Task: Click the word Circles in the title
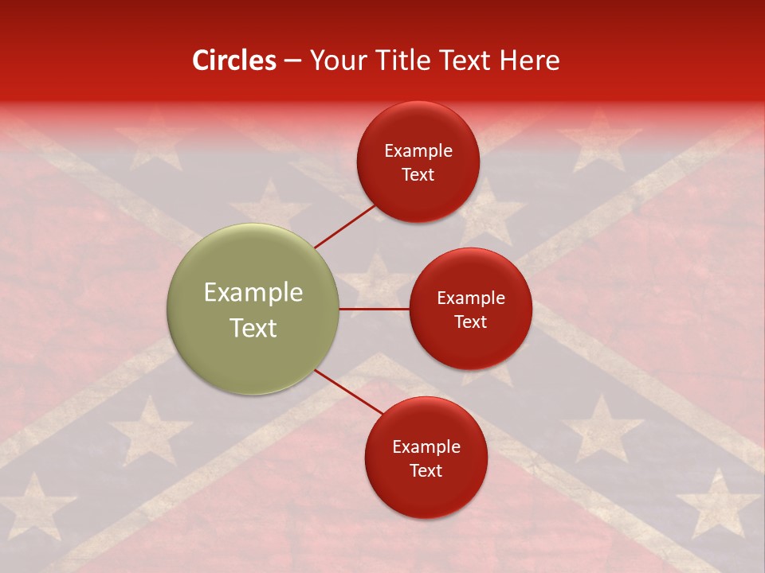click(234, 60)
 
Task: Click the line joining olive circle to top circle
click(344, 226)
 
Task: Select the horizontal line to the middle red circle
click(375, 309)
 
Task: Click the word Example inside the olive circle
click(253, 293)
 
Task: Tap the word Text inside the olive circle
click(253, 328)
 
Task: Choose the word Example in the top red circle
click(418, 151)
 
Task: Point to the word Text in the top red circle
click(418, 175)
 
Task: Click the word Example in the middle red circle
click(471, 298)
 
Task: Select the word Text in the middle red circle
click(471, 322)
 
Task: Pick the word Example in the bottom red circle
click(426, 447)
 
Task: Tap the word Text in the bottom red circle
click(426, 471)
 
